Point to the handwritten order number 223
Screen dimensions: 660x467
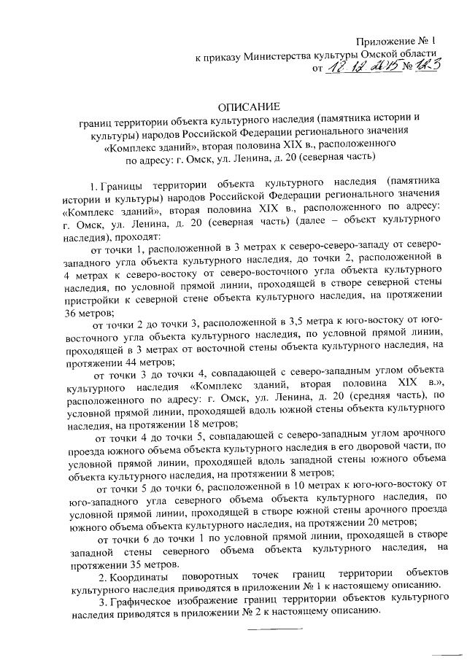tap(428, 68)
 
